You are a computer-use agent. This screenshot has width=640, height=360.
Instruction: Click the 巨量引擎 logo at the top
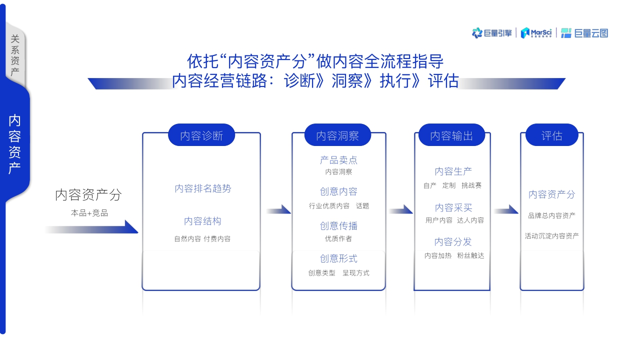tap(492, 33)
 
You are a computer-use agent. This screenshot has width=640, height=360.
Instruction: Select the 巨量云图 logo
tap(584, 33)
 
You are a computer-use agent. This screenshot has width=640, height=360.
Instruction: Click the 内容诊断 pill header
tap(201, 135)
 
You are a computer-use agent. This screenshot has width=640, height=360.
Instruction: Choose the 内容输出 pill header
tap(451, 135)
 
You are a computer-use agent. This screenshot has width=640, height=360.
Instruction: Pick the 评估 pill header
tap(552, 135)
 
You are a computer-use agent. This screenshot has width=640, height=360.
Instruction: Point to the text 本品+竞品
tap(89, 213)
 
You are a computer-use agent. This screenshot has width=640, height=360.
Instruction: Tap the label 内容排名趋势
tap(203, 188)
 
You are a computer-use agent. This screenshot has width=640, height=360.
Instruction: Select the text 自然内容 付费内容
tap(202, 239)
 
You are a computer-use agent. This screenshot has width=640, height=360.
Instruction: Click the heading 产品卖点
tap(338, 160)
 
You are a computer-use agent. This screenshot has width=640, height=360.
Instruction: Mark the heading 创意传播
tap(338, 226)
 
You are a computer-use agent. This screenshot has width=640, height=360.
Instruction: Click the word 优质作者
tap(338, 238)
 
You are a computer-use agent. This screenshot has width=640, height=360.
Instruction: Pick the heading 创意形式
tap(338, 258)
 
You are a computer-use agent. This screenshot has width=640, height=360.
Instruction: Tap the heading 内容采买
tap(453, 207)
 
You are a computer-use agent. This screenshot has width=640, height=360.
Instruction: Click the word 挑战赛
tap(471, 185)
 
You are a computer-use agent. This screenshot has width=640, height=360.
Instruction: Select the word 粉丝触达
tap(470, 255)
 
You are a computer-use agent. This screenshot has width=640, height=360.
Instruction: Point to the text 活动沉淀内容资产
tap(551, 235)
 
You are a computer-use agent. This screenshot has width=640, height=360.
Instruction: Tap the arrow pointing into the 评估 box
tap(506, 210)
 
